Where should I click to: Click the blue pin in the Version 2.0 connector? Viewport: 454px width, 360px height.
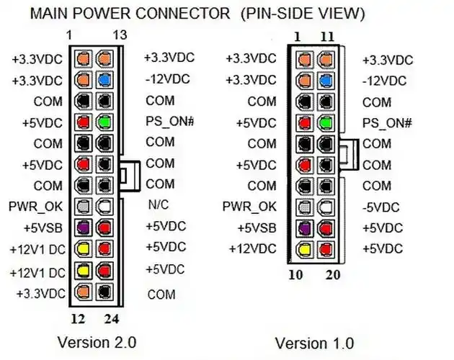pyautogui.click(x=105, y=80)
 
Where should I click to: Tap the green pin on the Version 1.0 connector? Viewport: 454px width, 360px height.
pyautogui.click(x=325, y=122)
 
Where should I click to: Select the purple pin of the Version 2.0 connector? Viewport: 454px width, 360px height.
pyautogui.click(x=84, y=228)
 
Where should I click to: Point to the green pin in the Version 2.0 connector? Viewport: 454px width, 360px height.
pyautogui.click(x=105, y=122)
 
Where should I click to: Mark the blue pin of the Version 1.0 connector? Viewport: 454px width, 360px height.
pyautogui.click(x=325, y=80)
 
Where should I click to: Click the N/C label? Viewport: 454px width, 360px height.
pyautogui.click(x=158, y=205)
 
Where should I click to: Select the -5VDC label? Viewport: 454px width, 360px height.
pyautogui.click(x=380, y=207)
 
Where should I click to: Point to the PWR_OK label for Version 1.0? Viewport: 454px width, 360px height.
pyautogui.click(x=249, y=207)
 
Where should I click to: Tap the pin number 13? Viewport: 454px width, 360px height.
pyautogui.click(x=120, y=35)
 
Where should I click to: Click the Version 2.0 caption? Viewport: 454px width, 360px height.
pyautogui.click(x=96, y=341)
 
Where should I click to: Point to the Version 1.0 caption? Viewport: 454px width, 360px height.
pyautogui.click(x=315, y=343)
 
